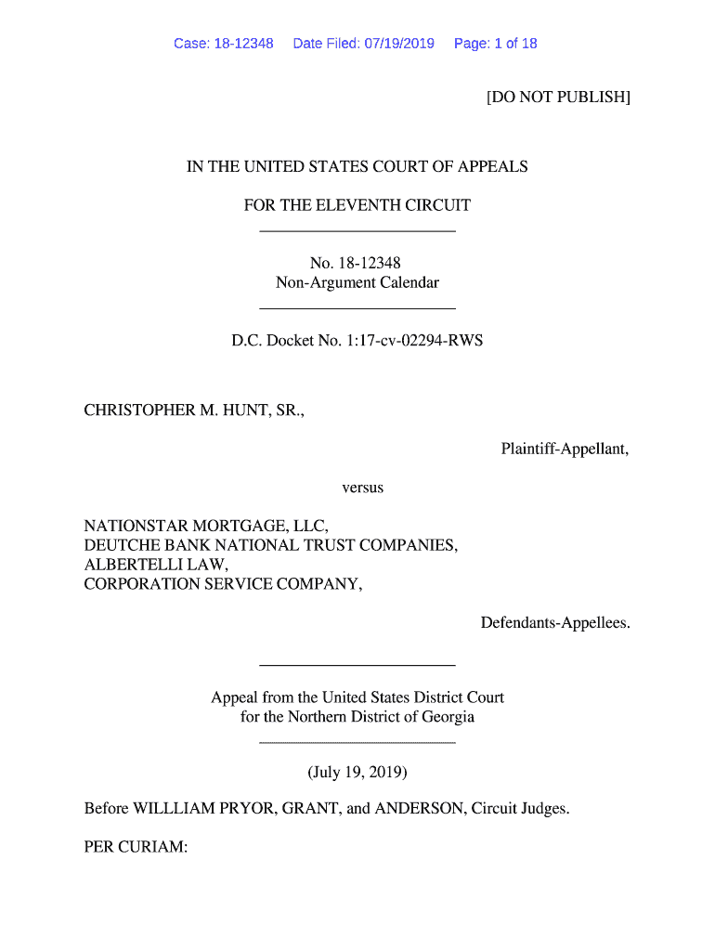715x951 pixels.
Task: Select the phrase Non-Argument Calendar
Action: [x=357, y=282]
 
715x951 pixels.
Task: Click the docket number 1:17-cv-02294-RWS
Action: [x=411, y=341]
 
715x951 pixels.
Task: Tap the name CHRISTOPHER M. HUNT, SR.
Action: [x=194, y=410]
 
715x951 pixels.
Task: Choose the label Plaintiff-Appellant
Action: [x=565, y=449]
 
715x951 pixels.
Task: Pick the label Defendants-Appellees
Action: [x=554, y=622]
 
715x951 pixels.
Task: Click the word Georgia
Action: [x=448, y=717]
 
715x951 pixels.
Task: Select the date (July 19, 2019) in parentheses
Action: [x=357, y=772]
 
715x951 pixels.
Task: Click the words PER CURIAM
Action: [x=136, y=847]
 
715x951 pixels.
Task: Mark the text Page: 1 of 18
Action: [x=495, y=44]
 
